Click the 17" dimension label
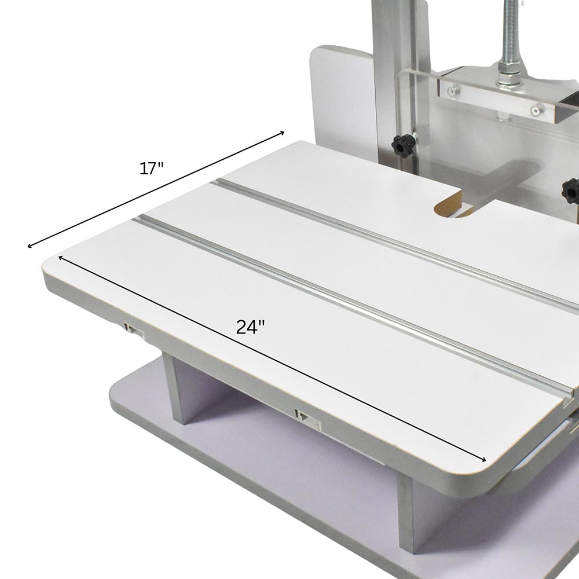(151, 168)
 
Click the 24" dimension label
(250, 327)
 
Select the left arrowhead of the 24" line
(61, 257)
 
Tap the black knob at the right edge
(570, 190)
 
